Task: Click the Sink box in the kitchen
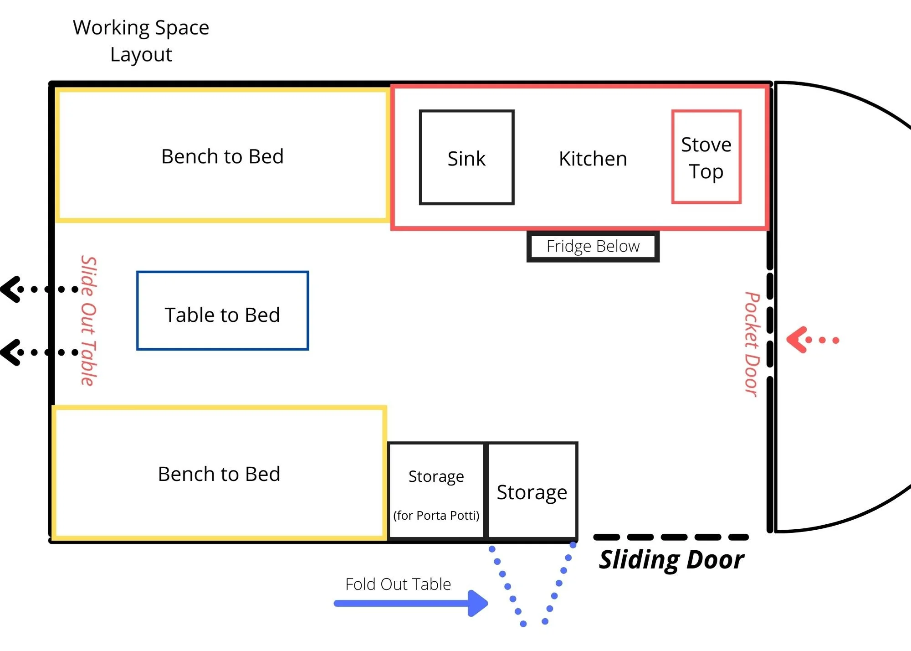coord(466,157)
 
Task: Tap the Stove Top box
coord(706,157)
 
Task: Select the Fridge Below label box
coord(593,247)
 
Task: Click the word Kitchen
coord(593,159)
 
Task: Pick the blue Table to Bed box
coord(222,311)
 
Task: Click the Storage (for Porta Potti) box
coord(436,491)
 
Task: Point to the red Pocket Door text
coord(752,344)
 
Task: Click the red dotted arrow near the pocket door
coord(811,340)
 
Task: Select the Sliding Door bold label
coord(671,560)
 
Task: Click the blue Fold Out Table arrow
coord(410,603)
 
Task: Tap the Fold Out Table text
coord(398,584)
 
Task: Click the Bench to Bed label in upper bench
coord(222,156)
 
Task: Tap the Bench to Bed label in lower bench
coord(219,474)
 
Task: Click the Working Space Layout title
coord(141,41)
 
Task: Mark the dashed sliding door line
coord(671,537)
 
